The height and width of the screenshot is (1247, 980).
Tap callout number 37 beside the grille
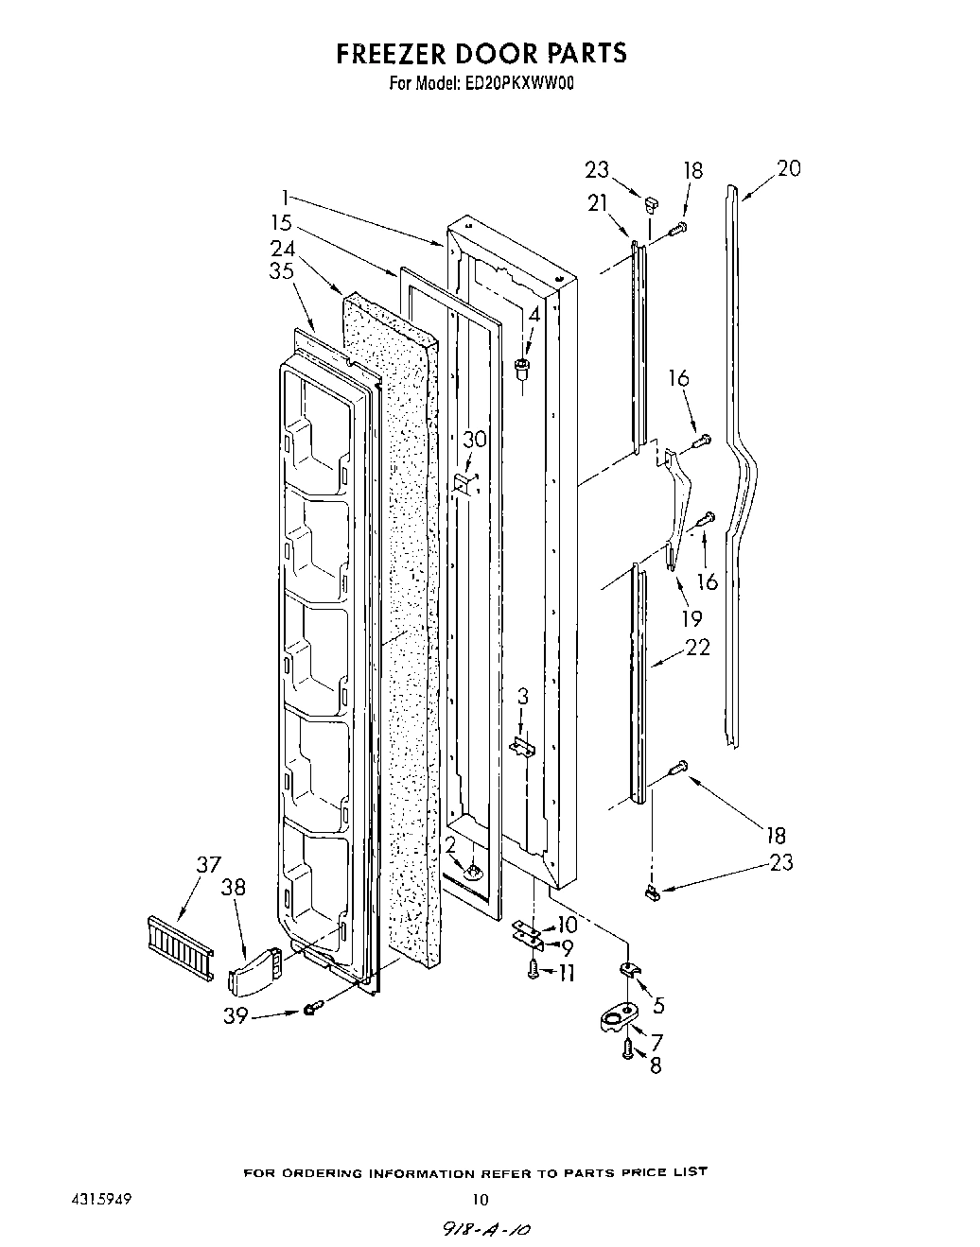[x=208, y=864]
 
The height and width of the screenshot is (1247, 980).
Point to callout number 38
[x=233, y=888]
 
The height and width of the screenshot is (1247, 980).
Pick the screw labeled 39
[x=311, y=1010]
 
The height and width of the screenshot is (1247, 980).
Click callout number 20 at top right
[x=788, y=168]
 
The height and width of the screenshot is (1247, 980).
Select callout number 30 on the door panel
[x=474, y=439]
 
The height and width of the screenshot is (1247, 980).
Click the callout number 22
[x=698, y=648]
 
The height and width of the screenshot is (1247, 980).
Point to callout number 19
[x=691, y=618]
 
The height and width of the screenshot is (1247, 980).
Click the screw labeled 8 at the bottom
[x=627, y=1048]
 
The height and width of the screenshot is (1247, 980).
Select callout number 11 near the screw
[x=567, y=972]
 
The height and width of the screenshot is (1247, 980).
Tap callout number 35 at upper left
[x=281, y=271]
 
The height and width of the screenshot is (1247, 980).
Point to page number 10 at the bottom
[x=480, y=1201]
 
